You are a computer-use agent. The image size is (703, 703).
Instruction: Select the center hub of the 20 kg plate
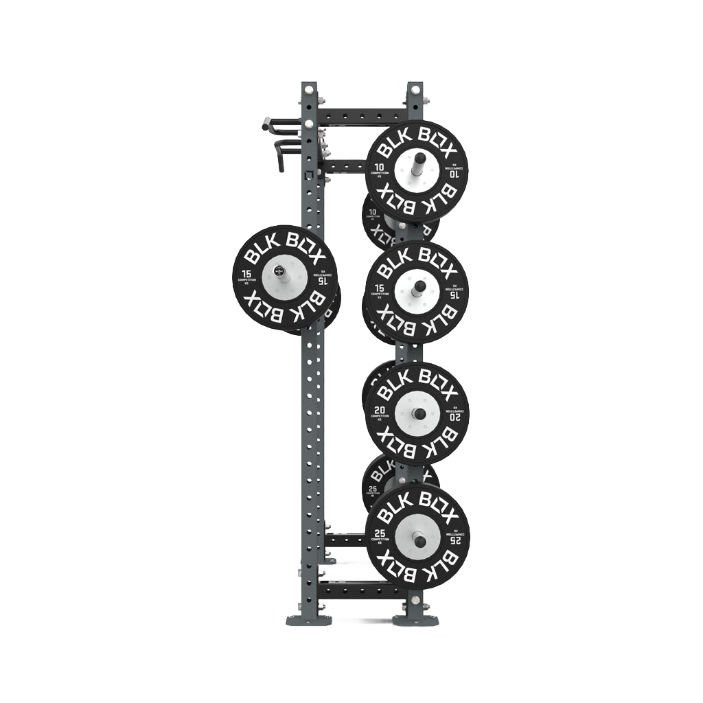(417, 413)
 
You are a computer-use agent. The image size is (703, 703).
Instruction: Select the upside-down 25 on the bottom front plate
(455, 541)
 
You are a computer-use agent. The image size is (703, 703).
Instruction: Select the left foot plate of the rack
(308, 620)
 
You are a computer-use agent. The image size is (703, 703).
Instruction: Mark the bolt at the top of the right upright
(415, 90)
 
